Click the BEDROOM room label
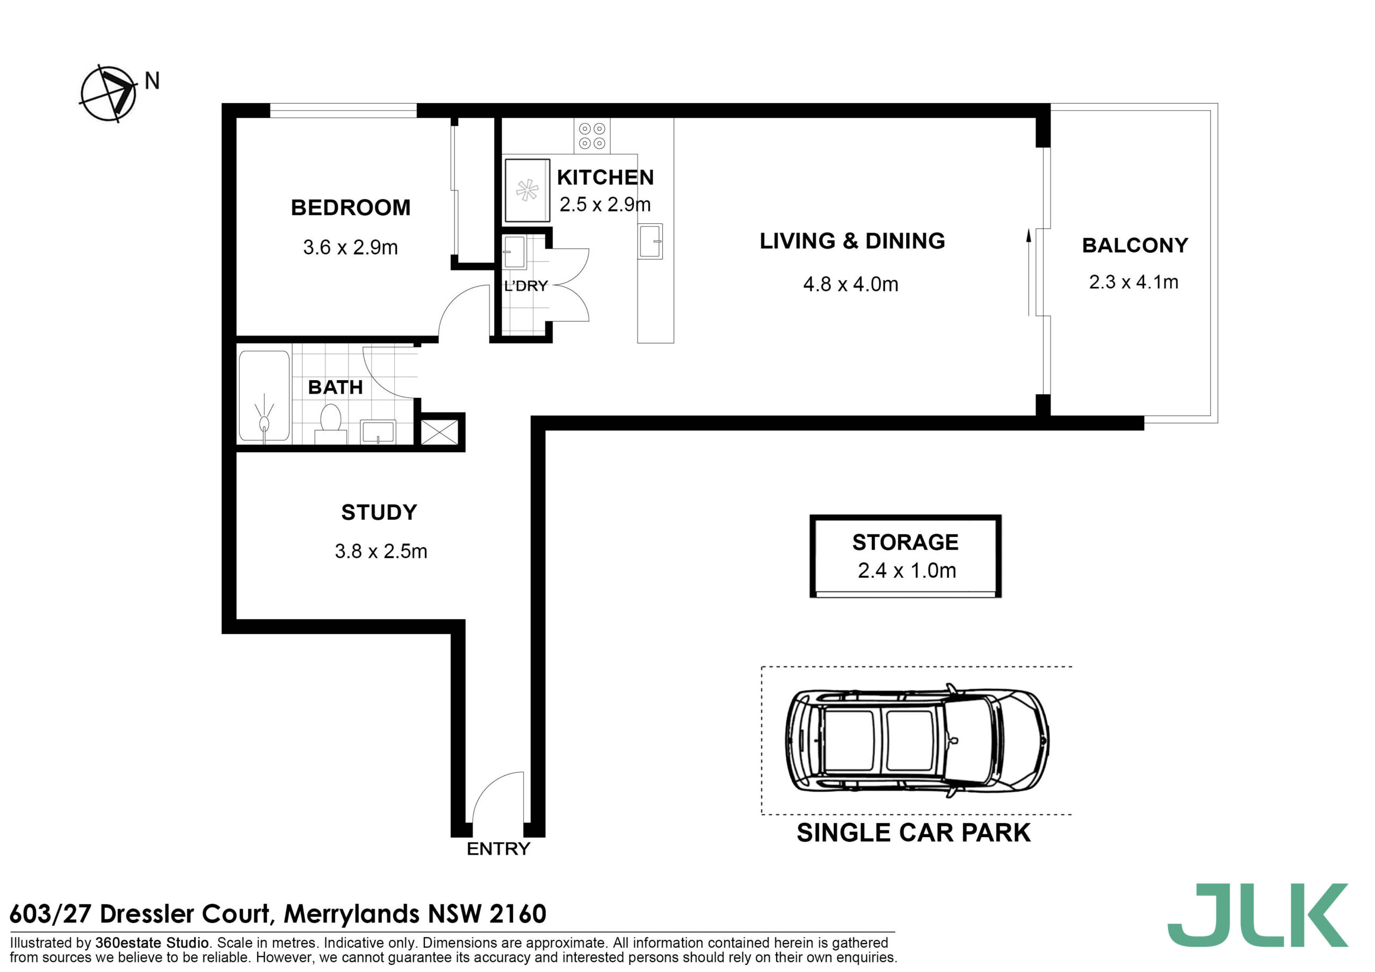coord(350,208)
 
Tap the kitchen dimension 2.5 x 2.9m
coord(605,205)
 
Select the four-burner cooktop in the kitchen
coord(592,135)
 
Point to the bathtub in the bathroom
coord(264,397)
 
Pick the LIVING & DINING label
coord(852,241)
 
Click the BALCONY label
coord(1135,245)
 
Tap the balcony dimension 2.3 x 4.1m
coord(1133,282)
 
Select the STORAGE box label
coord(905,542)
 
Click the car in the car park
coord(916,740)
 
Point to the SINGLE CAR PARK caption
coord(913,832)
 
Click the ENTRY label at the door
coord(498,848)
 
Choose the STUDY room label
coord(379,513)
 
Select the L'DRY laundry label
coord(526,286)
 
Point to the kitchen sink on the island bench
coord(650,241)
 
